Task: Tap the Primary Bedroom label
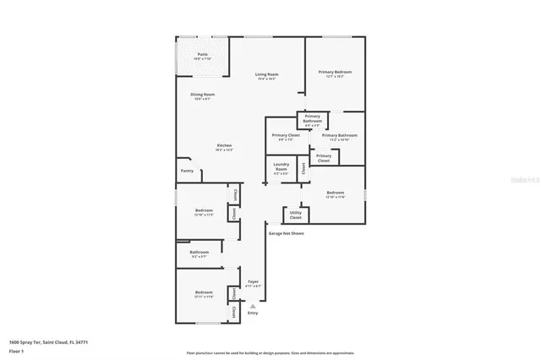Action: (335, 74)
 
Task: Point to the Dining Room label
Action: (202, 95)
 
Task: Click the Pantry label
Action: (187, 171)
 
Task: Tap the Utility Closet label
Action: (295, 215)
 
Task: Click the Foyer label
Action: (252, 283)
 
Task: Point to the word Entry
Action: (253, 314)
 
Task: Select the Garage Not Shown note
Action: (286, 232)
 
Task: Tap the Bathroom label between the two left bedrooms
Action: (199, 253)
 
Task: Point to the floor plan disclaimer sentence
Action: (270, 353)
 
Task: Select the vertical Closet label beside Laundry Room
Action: (303, 167)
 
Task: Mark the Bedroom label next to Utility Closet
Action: (336, 194)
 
